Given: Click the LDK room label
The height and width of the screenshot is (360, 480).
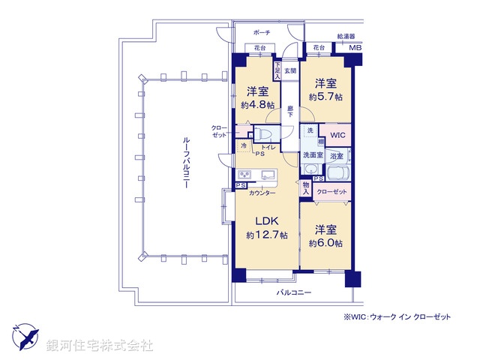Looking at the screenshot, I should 267,221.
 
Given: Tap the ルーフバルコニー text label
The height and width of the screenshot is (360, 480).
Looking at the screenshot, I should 184,165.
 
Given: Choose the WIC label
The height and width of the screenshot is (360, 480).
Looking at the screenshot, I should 337,136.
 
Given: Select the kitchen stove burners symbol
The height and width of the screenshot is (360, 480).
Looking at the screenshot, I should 246,176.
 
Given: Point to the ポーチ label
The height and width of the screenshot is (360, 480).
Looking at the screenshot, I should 262,34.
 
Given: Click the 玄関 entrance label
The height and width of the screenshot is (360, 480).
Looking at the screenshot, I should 290,70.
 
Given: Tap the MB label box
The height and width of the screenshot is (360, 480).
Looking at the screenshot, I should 356,49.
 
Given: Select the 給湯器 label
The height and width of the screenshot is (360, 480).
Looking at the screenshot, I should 346,35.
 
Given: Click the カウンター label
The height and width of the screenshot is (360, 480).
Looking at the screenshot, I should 262,193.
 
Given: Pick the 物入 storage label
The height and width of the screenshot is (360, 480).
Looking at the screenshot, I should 306,188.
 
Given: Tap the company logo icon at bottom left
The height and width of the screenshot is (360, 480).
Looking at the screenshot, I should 25,334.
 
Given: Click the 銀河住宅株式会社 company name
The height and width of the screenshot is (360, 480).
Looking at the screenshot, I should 99,346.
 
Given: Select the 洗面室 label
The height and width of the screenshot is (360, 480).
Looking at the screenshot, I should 313,154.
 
